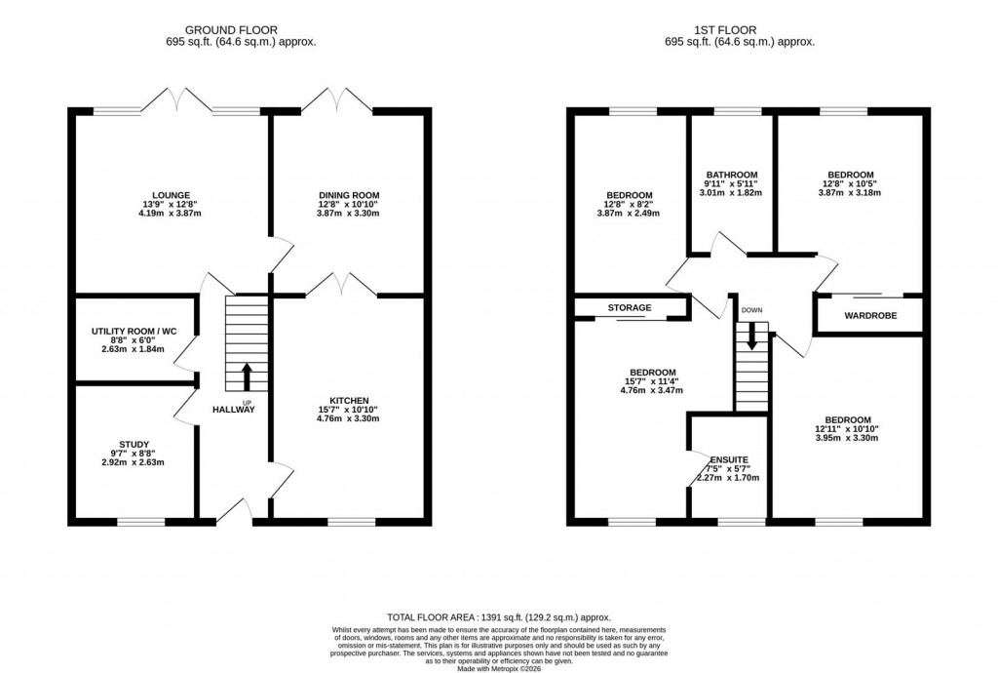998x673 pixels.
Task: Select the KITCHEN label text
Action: [349, 401]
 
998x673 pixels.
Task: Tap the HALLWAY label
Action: [234, 410]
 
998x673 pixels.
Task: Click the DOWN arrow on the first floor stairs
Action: [750, 336]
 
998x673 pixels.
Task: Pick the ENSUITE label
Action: [729, 459]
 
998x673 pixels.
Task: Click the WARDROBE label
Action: [869, 316]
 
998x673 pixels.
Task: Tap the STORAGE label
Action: [630, 308]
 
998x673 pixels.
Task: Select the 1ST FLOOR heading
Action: [740, 29]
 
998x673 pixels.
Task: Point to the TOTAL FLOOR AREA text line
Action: [499, 617]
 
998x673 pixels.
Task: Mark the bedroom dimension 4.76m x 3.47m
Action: [652, 390]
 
